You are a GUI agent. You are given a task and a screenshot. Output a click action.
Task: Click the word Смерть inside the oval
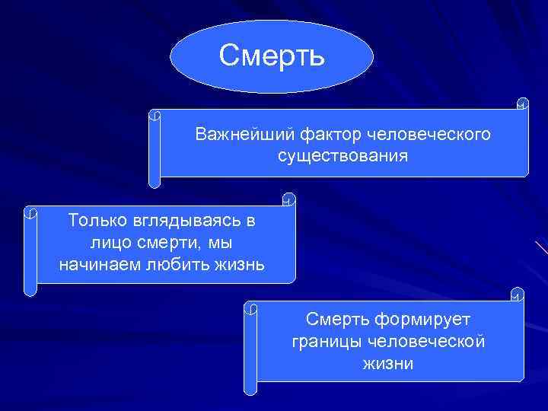tap(272, 55)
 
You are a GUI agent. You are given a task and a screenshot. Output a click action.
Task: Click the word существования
tap(342, 156)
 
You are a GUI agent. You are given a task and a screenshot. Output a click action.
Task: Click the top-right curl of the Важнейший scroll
tap(522, 103)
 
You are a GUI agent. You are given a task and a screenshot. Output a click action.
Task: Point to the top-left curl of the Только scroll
tap(30, 212)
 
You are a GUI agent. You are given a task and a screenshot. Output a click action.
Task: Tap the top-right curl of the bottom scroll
tap(518, 294)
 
